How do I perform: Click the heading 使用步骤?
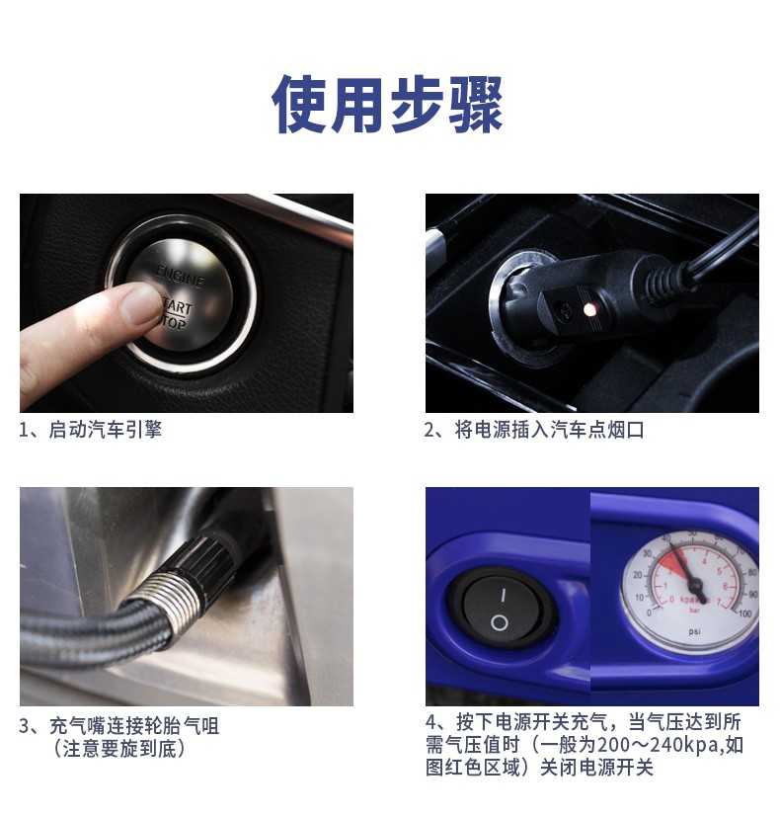(x=387, y=104)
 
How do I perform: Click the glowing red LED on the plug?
(x=589, y=310)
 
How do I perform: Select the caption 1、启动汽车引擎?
(x=90, y=430)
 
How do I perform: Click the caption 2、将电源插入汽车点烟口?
(x=534, y=430)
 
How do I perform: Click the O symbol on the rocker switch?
(x=499, y=622)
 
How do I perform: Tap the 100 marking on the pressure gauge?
(x=745, y=613)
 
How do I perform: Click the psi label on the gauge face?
(x=694, y=631)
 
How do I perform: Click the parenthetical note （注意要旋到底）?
(x=118, y=749)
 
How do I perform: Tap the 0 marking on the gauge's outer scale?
(x=649, y=613)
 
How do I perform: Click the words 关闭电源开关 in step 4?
(x=596, y=768)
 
